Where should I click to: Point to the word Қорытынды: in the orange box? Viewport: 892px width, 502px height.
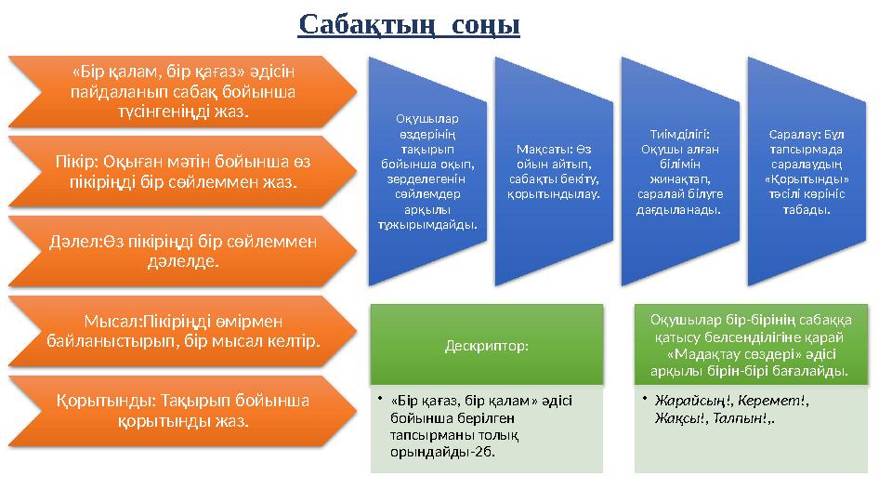pyautogui.click(x=89, y=402)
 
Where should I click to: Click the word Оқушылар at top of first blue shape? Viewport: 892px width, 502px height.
pyautogui.click(x=426, y=118)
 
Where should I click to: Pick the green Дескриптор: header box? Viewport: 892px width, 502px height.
pyautogui.click(x=487, y=345)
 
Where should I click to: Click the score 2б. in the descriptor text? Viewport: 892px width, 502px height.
pyautogui.click(x=481, y=452)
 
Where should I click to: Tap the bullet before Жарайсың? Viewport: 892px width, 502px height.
pyautogui.click(x=645, y=402)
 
